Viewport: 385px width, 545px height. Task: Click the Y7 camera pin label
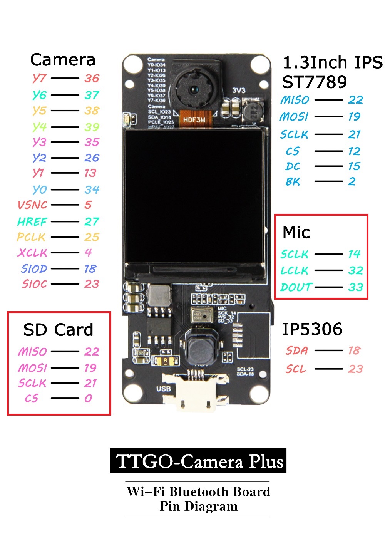point(39,78)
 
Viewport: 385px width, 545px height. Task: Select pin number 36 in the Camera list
point(92,78)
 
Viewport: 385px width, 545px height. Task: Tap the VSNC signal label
point(32,205)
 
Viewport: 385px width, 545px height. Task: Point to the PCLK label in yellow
point(31,237)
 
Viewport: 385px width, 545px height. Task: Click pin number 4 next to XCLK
point(88,253)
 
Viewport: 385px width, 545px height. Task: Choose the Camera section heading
point(63,60)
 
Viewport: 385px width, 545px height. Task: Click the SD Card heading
point(58,330)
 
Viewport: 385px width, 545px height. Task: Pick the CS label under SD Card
point(32,398)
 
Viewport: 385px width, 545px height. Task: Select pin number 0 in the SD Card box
point(89,398)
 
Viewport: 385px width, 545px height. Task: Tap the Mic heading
point(296,232)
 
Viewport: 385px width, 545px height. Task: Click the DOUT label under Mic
point(296,287)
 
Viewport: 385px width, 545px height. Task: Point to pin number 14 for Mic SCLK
point(354,254)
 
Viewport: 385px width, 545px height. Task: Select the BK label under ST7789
point(293,182)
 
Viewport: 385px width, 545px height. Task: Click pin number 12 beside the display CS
point(354,151)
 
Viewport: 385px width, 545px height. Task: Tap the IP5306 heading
point(312,329)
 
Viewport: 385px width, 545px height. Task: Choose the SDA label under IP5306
point(296,350)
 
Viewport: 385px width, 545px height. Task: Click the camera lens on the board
point(194,91)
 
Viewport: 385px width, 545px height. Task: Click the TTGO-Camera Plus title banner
point(198,461)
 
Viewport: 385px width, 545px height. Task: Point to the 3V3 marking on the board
point(239,91)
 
